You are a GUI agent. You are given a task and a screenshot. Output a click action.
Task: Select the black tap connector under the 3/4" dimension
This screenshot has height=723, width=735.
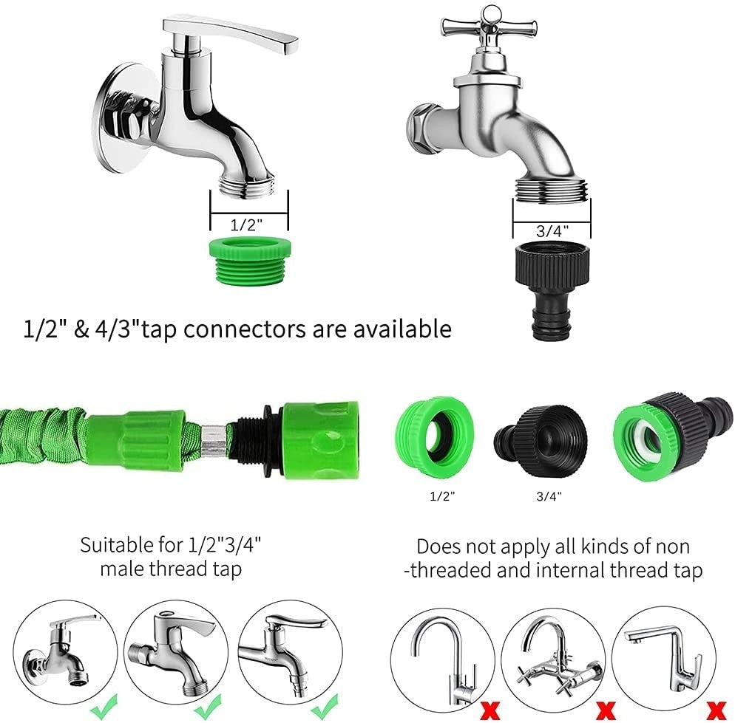tap(552, 290)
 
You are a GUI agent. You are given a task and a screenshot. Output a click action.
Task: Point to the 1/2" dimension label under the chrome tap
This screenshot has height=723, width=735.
tap(246, 225)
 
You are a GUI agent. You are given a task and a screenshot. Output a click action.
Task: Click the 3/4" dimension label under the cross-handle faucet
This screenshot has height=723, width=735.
tap(552, 231)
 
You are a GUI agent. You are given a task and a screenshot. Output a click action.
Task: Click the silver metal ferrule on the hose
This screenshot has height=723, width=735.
tap(212, 441)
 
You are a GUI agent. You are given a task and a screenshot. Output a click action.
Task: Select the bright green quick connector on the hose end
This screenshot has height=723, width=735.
tap(321, 440)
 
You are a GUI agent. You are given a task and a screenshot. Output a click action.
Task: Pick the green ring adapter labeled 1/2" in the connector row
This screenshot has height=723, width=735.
tap(435, 437)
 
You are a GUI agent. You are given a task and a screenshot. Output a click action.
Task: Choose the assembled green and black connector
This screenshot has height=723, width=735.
tap(671, 436)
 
